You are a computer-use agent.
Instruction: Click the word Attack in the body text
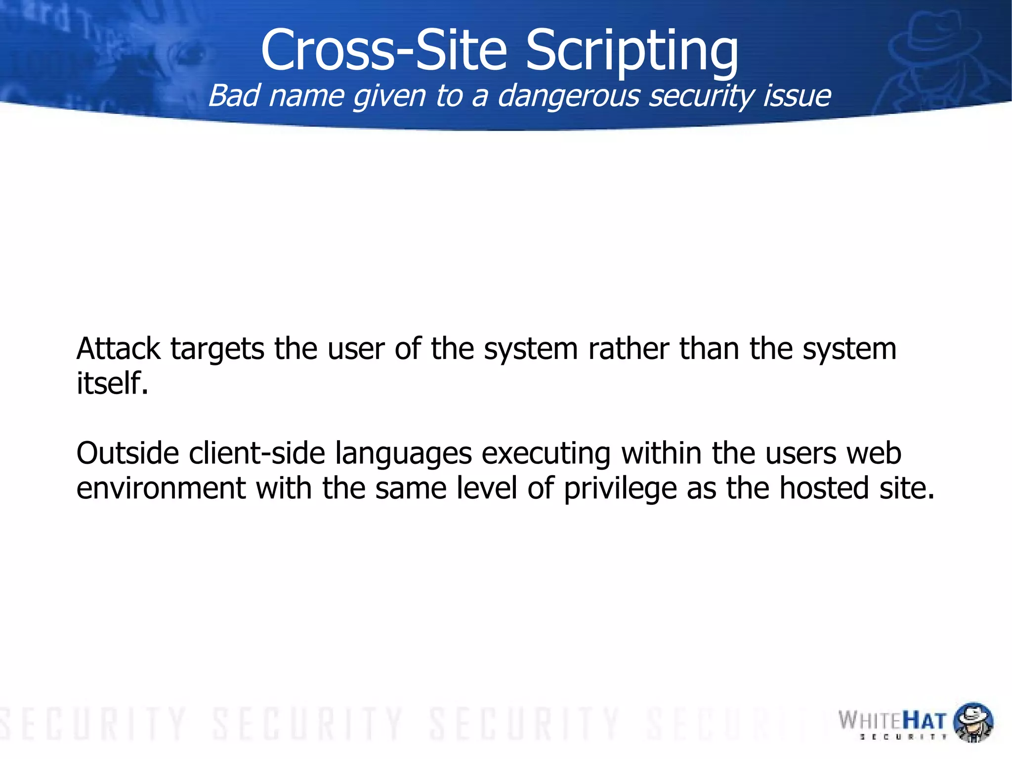click(119, 349)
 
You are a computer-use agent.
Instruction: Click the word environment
click(161, 489)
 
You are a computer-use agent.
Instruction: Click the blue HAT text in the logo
click(925, 720)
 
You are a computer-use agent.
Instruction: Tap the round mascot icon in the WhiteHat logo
click(972, 721)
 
